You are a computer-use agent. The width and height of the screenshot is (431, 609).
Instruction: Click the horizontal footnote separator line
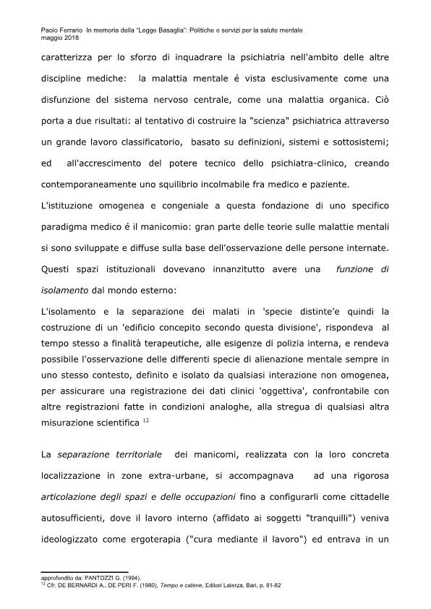[x=83, y=572]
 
